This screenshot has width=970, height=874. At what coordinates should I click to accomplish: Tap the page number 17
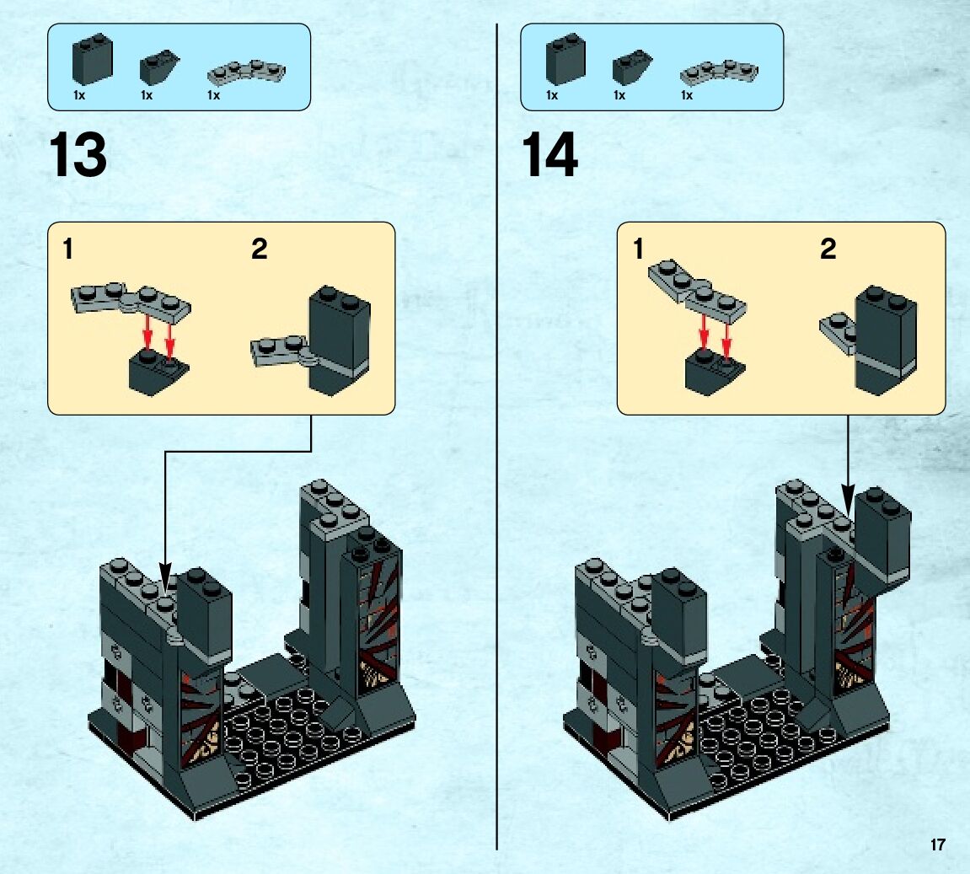pos(938,845)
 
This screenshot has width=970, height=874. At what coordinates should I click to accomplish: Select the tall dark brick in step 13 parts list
pos(92,60)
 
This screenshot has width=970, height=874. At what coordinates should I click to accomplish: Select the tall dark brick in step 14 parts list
pos(565,60)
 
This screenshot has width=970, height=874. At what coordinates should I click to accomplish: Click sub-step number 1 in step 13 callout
pos(68,249)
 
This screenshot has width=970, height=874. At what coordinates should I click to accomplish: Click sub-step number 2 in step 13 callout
pos(259,249)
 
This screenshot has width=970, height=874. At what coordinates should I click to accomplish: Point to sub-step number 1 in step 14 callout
pos(638,249)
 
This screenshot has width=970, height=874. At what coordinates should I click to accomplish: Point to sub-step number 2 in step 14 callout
pos(828,249)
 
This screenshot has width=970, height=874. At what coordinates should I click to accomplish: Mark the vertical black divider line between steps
pos(497,438)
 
